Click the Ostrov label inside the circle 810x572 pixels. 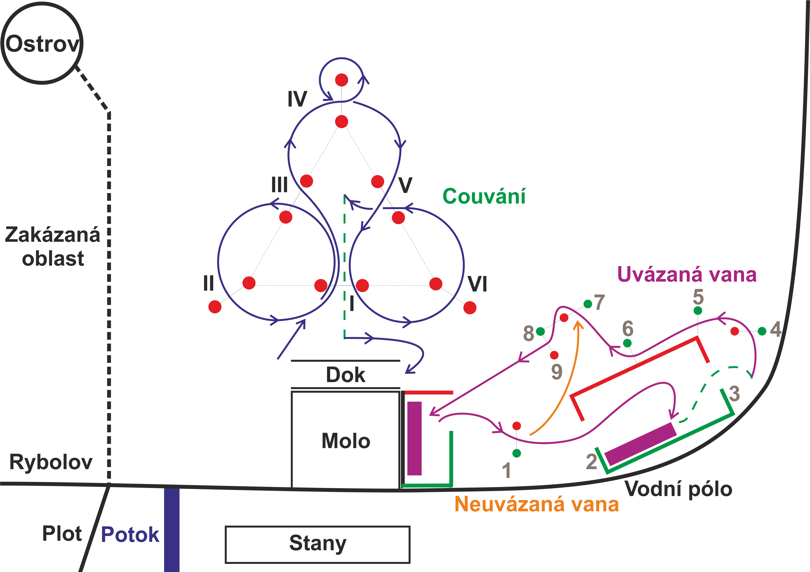coord(42,44)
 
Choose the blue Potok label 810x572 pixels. coord(130,534)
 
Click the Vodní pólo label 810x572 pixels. coord(678,489)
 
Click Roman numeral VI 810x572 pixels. coord(477,284)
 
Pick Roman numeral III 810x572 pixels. coord(279,185)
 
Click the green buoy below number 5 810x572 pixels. coord(698,311)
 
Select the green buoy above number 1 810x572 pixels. coord(516,453)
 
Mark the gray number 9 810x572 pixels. coord(557,372)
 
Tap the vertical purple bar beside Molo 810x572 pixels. coord(415,438)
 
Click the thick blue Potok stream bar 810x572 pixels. coord(172,529)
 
